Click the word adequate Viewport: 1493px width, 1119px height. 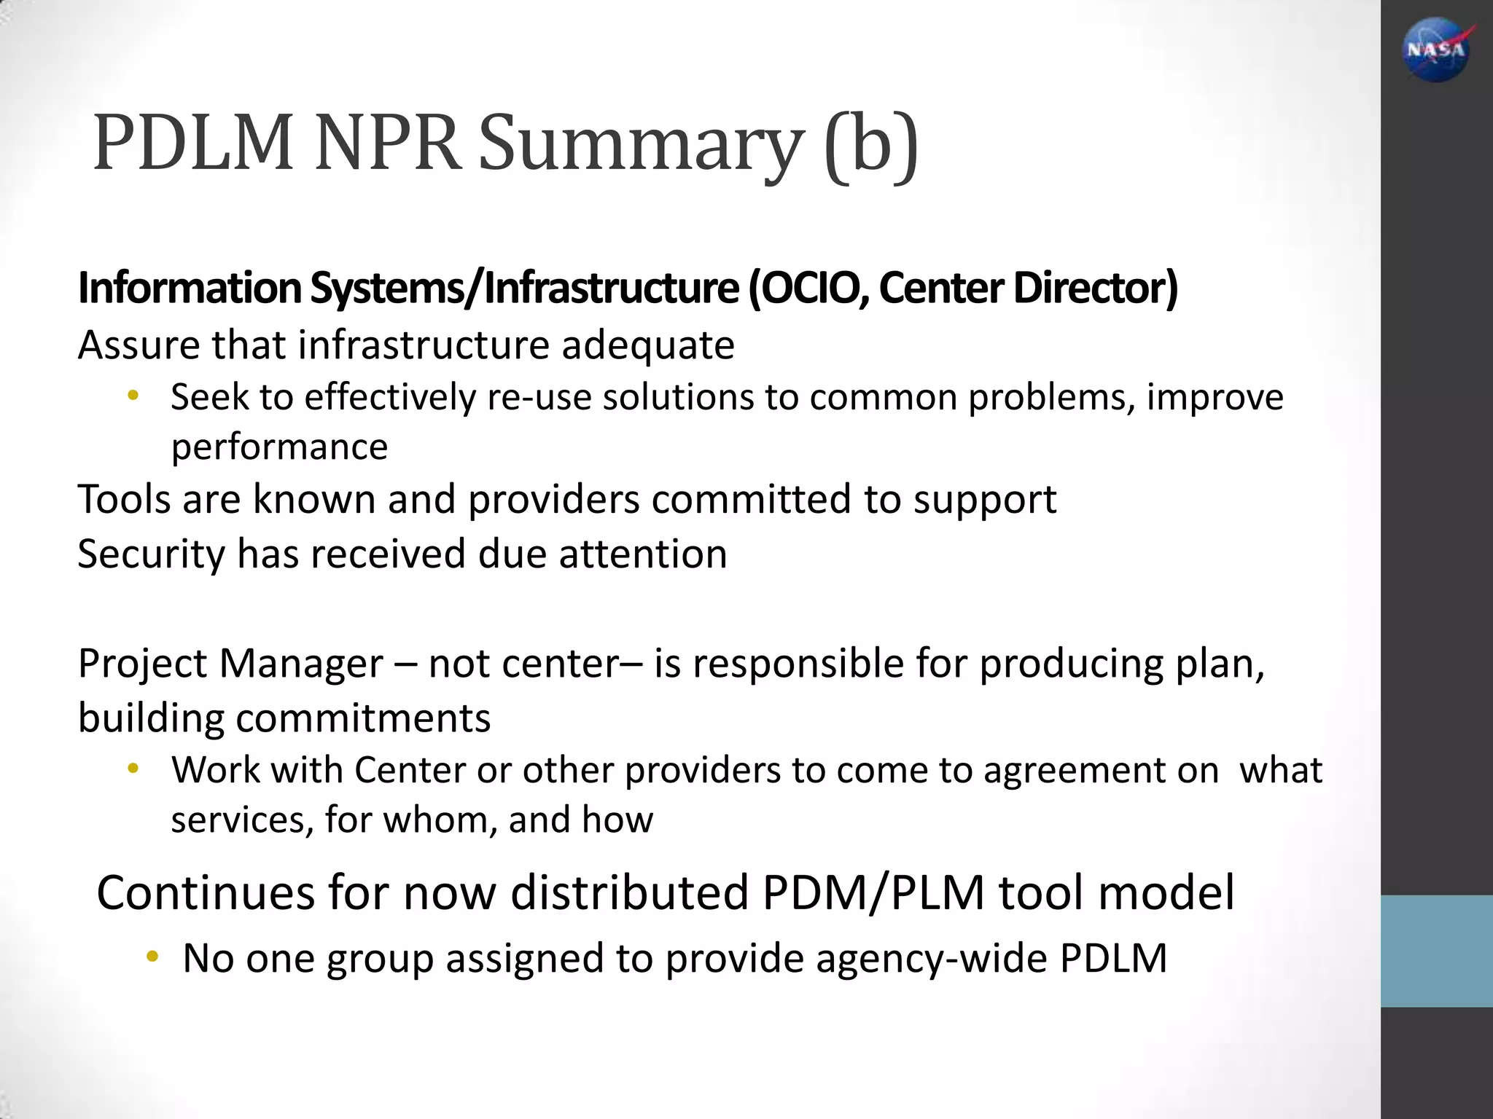pos(648,345)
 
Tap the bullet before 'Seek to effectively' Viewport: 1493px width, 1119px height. pos(133,396)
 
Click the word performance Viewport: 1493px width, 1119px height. pos(279,447)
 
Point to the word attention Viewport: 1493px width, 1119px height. pos(643,554)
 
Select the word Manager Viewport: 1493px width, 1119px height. pos(300,664)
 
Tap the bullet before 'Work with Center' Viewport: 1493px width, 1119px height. pos(133,769)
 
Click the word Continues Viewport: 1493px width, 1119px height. pos(205,892)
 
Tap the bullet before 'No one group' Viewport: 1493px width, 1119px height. pos(152,957)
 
